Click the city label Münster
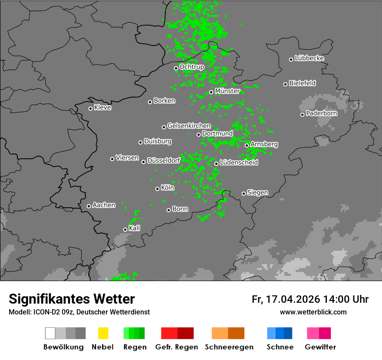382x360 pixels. coord(227,91)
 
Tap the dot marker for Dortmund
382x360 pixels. coord(198,134)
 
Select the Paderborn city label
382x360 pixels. coord(321,113)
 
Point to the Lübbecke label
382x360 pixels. coord(309,58)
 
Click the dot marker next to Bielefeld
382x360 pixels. coord(286,84)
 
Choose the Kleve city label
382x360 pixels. coord(102,108)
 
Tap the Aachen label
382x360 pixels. coord(104,205)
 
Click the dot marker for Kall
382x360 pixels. coord(125,230)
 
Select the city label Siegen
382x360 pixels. coord(257,193)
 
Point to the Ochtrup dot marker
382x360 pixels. coord(176,68)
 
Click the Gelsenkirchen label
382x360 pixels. coord(189,126)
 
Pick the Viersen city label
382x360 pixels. coord(127,158)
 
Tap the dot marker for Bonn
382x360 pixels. coord(169,210)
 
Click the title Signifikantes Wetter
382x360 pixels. coord(72,299)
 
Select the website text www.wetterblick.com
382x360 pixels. coord(313,312)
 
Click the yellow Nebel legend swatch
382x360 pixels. coord(103,333)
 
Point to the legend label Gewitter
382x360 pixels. coord(320,347)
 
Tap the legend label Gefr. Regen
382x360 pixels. coord(177,347)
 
